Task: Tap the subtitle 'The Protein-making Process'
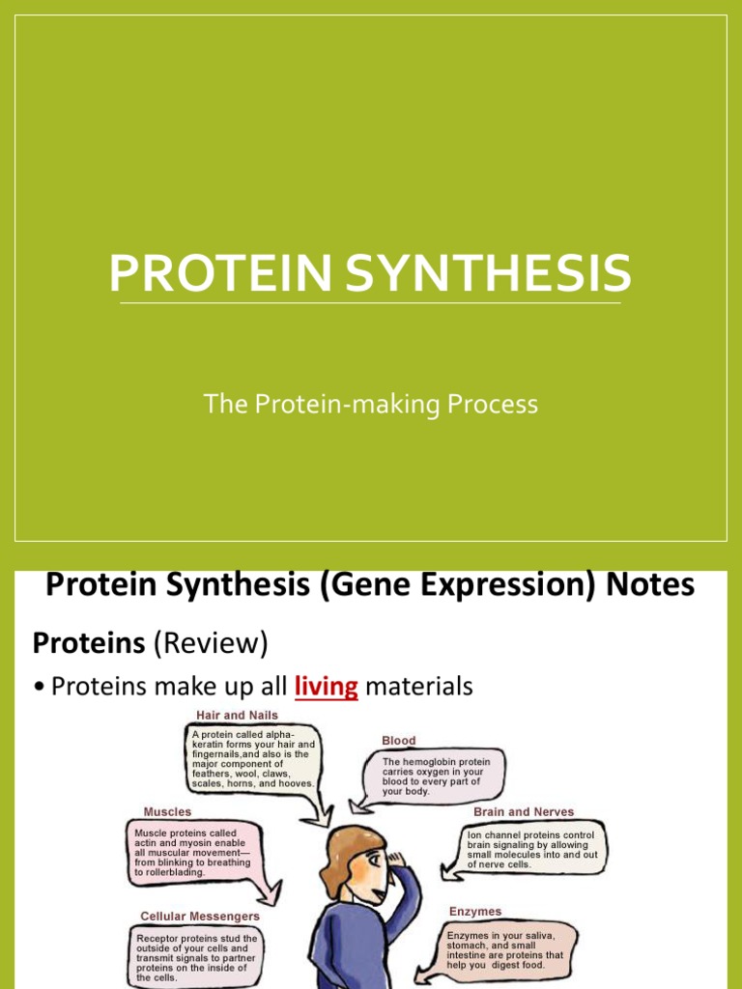click(x=370, y=404)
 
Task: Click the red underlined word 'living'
click(x=326, y=687)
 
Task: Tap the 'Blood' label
click(x=398, y=741)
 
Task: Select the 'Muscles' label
click(x=167, y=812)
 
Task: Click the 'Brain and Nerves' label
click(x=525, y=812)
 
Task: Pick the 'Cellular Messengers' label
click(x=200, y=916)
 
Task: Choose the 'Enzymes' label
click(x=475, y=911)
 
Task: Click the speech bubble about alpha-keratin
click(x=253, y=757)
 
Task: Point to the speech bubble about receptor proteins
click(x=197, y=956)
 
